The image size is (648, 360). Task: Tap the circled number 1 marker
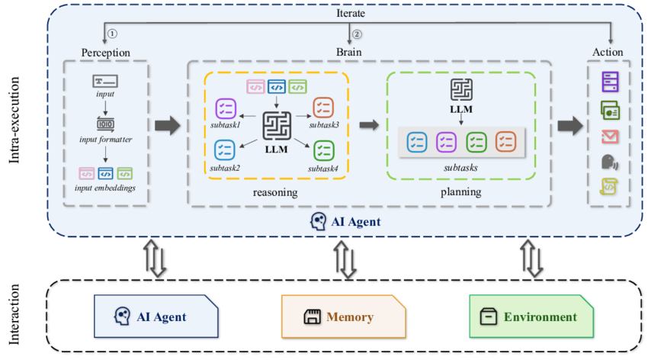tap(113, 34)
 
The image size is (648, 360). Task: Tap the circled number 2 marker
tap(357, 34)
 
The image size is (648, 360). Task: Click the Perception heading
tap(106, 52)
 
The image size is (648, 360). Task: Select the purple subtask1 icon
tap(226, 108)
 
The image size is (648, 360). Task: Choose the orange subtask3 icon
tap(323, 107)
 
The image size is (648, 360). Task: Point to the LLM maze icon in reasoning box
tap(275, 126)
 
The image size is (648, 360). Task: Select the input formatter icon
tap(106, 124)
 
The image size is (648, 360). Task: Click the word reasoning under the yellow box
tap(274, 192)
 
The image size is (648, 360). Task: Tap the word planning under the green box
tap(460, 192)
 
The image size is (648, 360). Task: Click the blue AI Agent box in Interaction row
tap(155, 317)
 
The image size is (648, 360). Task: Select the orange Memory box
tap(342, 317)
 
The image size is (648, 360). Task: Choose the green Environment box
tap(531, 317)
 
